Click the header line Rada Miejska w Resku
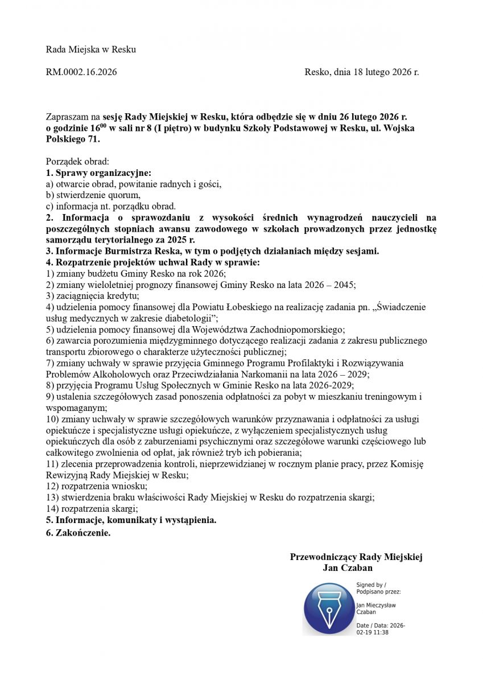point(91,50)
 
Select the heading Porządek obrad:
point(73,162)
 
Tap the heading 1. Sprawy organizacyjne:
point(98,172)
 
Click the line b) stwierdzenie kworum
point(93,195)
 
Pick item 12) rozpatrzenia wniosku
point(97,486)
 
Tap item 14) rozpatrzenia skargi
point(92,508)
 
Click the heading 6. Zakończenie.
point(79,533)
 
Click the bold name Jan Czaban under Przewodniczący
point(347,568)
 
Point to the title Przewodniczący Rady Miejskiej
point(356,557)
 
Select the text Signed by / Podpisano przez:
point(371,589)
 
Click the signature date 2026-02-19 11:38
point(381,629)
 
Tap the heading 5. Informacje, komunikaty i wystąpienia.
point(131,520)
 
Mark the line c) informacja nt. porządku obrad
point(111,206)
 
